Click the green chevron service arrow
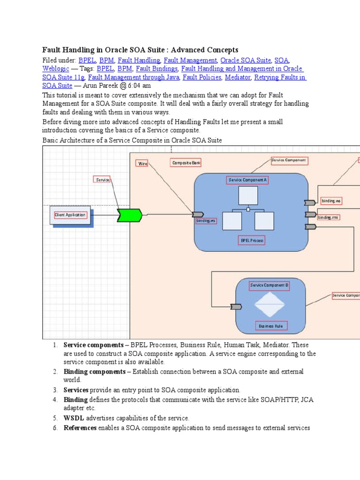129,215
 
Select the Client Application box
70,215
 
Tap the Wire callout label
142,163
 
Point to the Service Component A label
247,180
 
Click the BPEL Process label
252,240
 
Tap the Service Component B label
269,285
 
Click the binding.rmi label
329,217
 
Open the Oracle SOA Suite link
246,60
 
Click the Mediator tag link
238,77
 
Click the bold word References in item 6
80,428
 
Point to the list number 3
55,390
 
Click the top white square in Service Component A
248,195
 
